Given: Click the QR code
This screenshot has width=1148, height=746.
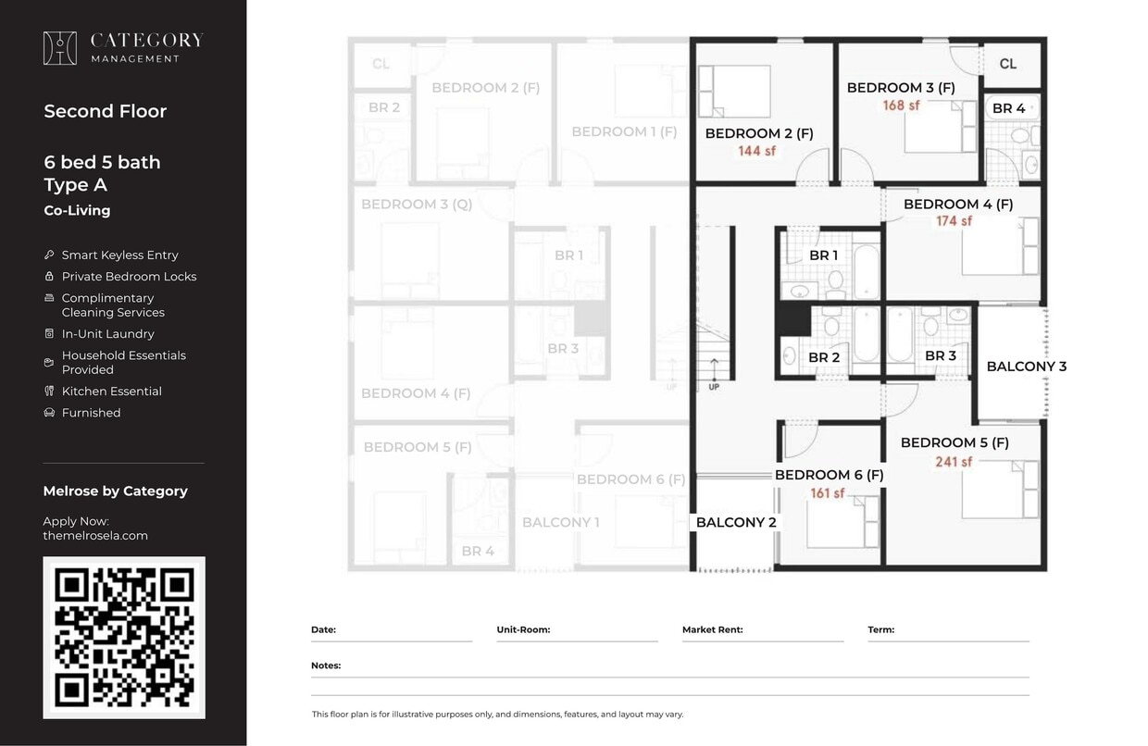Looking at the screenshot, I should click(124, 637).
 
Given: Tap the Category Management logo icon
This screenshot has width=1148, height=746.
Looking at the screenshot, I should click(60, 48).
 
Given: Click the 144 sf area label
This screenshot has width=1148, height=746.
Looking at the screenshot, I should click(756, 151).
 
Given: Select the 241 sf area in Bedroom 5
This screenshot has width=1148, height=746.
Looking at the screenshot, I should click(954, 461).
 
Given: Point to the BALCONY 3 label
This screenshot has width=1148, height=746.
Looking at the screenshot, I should click(1026, 367).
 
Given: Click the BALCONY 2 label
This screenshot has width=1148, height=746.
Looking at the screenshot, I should click(736, 522).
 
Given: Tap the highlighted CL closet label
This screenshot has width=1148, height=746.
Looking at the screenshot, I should click(1008, 64).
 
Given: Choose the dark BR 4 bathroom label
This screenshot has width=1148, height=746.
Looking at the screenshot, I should click(1008, 108).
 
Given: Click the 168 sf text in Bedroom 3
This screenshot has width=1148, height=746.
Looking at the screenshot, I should click(901, 106).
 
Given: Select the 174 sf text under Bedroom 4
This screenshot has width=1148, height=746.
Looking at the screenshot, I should click(954, 221).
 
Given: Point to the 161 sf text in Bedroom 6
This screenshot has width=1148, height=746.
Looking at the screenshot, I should click(828, 493).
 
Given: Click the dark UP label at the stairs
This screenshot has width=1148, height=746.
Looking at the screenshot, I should click(714, 387).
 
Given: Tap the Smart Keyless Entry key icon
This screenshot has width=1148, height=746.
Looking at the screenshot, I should click(49, 255).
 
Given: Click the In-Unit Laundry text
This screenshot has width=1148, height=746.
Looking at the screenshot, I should click(107, 334).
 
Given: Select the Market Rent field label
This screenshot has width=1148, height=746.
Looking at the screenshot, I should click(712, 629).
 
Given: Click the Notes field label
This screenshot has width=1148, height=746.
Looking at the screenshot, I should click(326, 665).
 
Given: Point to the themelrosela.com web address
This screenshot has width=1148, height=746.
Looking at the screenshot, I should click(95, 535).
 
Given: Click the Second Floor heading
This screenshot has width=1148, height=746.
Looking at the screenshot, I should click(105, 111).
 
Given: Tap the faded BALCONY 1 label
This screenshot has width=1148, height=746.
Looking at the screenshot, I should click(560, 522).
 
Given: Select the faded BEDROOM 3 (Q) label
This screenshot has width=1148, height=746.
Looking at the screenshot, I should click(417, 204).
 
